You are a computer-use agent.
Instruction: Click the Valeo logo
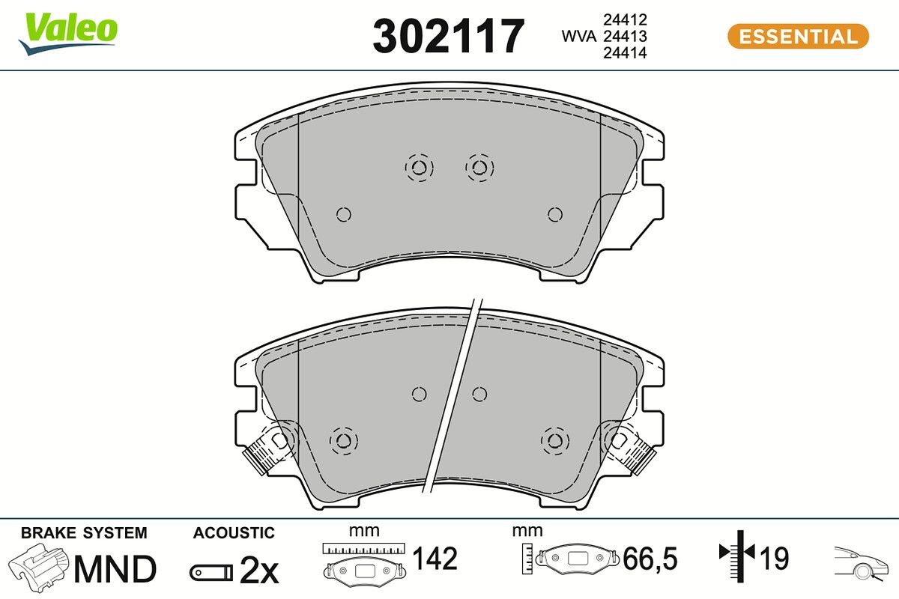tap(68, 32)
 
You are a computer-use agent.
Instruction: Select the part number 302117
tap(448, 36)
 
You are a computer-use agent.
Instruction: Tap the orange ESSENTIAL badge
tap(798, 36)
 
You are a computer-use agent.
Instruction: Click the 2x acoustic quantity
tap(258, 572)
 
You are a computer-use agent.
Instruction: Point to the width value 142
tap(435, 559)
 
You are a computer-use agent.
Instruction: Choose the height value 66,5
tap(650, 559)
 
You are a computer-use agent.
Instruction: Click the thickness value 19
tap(775, 559)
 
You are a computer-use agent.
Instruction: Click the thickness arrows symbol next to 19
tap(738, 554)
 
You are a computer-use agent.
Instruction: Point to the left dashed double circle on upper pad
tap(419, 167)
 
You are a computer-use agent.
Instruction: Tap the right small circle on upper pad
tap(554, 215)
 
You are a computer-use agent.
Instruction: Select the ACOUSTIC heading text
tap(234, 533)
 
